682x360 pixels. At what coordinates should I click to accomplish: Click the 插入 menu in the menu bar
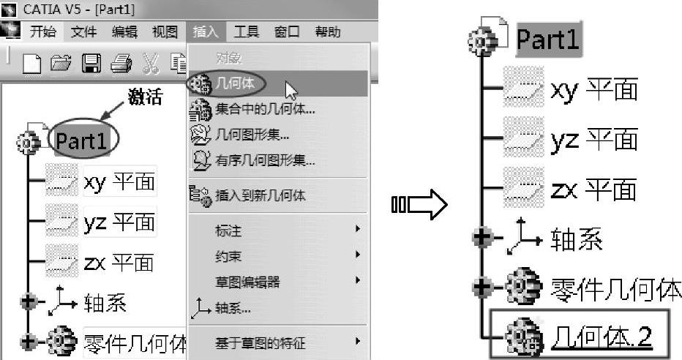click(206, 31)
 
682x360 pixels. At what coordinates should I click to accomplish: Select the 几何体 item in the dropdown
click(236, 83)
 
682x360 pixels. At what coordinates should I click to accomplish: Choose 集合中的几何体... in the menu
click(265, 110)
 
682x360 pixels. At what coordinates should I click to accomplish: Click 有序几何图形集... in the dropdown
click(265, 160)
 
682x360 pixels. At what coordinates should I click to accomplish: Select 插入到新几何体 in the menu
click(260, 195)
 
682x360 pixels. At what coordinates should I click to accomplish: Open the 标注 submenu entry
click(228, 231)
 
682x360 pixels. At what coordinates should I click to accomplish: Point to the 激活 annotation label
click(145, 98)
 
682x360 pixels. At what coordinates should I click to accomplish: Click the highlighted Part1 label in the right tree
click(548, 40)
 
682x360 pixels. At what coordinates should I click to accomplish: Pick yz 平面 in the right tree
click(593, 139)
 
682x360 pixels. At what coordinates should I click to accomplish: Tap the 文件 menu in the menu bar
click(84, 31)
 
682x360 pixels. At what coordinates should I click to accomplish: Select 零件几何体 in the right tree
click(615, 288)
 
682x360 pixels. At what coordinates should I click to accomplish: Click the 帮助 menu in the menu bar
click(327, 31)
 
